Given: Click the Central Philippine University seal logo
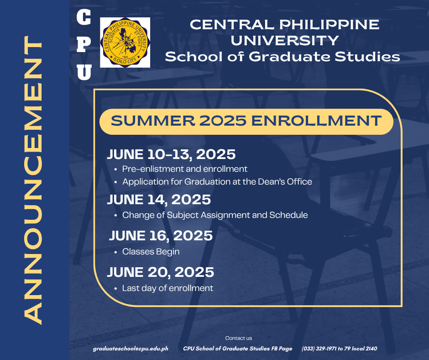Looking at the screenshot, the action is pyautogui.click(x=125, y=42).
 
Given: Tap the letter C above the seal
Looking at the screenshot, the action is pyautogui.click(x=84, y=17).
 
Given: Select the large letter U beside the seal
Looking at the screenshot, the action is pyautogui.click(x=84, y=72).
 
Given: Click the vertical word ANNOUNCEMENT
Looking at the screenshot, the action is pyautogui.click(x=33, y=180).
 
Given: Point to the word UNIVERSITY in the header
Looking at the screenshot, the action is pyautogui.click(x=284, y=41).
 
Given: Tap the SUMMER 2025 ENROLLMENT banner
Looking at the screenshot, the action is pyautogui.click(x=246, y=122).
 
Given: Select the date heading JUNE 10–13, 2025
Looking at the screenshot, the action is pyautogui.click(x=171, y=154).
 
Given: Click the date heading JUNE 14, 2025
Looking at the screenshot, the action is pyautogui.click(x=159, y=200).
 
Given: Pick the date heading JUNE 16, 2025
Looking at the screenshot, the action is pyautogui.click(x=161, y=236).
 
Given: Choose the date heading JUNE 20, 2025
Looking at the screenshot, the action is pyautogui.click(x=161, y=272).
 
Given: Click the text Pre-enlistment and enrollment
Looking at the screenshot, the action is pyautogui.click(x=185, y=169).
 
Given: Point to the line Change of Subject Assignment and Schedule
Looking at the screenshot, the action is pyautogui.click(x=215, y=215).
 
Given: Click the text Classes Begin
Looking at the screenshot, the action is pyautogui.click(x=151, y=252).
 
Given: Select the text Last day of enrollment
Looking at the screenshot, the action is pyautogui.click(x=167, y=288).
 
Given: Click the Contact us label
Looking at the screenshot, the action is pyautogui.click(x=239, y=338).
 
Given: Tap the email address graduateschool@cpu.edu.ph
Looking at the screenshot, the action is pyautogui.click(x=131, y=349).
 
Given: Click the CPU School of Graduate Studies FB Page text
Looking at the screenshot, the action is pyautogui.click(x=237, y=349).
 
